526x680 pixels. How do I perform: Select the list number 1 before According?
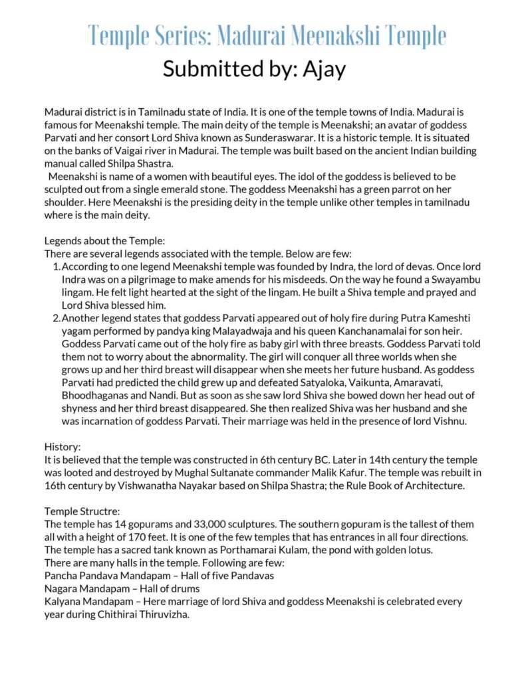pyautogui.click(x=56, y=266)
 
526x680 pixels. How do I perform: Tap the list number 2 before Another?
pyautogui.click(x=56, y=318)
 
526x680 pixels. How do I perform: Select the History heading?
pyautogui.click(x=63, y=447)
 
